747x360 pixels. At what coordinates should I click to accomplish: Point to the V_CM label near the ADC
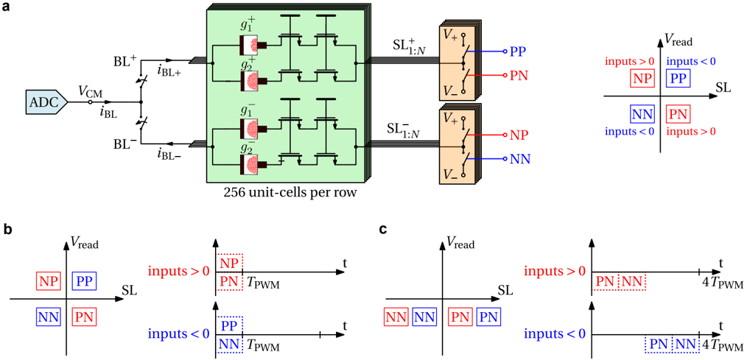pyautogui.click(x=91, y=91)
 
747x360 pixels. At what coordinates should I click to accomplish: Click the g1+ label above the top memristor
pyautogui.click(x=249, y=25)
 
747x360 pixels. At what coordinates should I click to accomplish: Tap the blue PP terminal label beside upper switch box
pyautogui.click(x=519, y=52)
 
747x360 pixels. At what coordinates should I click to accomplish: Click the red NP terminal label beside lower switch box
pyautogui.click(x=519, y=135)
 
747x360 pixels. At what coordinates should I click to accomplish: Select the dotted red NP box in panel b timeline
pyautogui.click(x=228, y=263)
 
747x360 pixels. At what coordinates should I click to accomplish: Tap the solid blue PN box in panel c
pyautogui.click(x=489, y=317)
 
